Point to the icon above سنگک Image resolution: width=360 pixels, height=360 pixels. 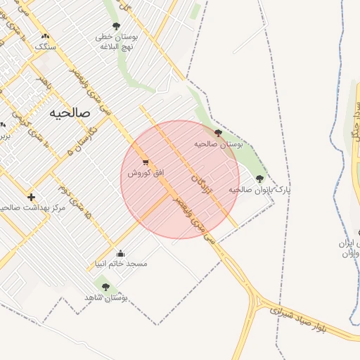pos(46,36)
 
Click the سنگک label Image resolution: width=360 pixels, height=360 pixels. pos(46,47)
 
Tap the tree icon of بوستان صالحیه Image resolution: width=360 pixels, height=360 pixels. pos(218,131)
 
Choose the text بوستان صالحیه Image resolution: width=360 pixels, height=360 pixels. pos(218,143)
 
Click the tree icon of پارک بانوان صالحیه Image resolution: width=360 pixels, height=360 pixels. pos(260,179)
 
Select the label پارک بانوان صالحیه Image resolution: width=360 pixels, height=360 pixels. pos(259,190)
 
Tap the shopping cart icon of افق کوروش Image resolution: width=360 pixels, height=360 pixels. pos(146,162)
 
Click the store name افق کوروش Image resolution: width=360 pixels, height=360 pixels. pos(146,173)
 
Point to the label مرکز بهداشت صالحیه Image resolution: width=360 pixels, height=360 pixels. pos(32,208)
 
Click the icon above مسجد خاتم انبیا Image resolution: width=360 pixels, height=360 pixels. pos(120,253)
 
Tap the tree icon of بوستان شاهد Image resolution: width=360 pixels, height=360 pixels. pos(105,286)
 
